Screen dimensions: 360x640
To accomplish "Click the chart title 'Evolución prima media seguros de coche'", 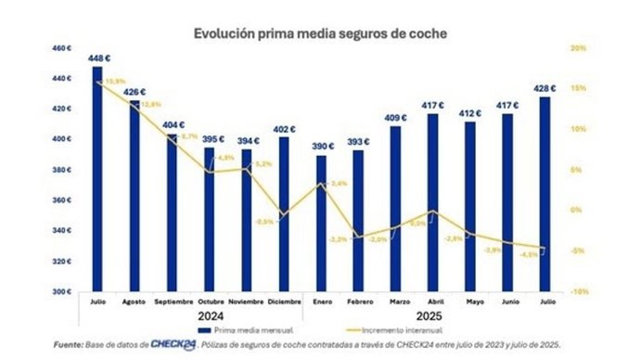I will coord(320,33).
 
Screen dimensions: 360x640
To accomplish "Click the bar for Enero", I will coord(321,224).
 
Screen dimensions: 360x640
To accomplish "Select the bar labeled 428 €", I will coord(545,194).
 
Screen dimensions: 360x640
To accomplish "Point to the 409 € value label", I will coord(396,118).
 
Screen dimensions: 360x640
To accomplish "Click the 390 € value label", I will coord(321,148).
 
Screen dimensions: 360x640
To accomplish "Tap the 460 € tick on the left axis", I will coord(61,48).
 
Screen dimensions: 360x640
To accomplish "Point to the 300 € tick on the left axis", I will coord(61,291).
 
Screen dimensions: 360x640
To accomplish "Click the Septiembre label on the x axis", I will coord(172,302).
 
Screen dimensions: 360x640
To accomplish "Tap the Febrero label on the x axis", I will coord(358,302).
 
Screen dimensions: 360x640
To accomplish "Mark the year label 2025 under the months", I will coord(433,315).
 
